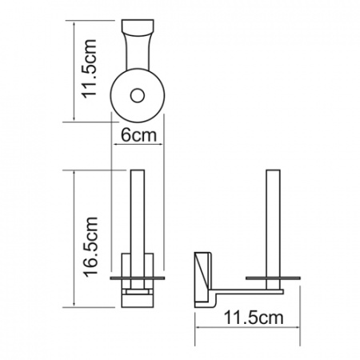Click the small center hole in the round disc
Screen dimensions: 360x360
pos(138,96)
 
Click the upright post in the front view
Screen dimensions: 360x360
pos(137,212)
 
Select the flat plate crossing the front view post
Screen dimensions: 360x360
pos(137,275)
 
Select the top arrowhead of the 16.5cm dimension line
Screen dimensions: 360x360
pos(74,173)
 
